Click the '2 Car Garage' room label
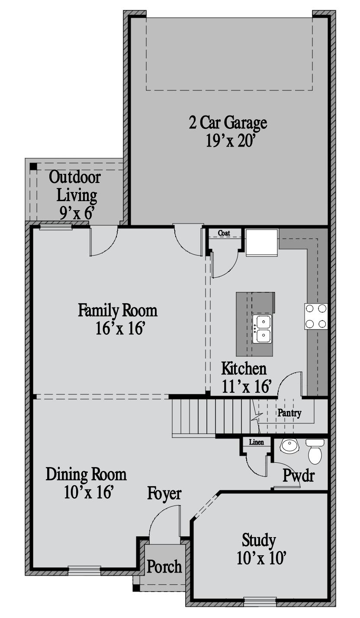click(228, 123)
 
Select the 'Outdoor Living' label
click(75, 186)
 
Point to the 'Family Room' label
click(118, 310)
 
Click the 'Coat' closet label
click(224, 233)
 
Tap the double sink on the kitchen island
click(262, 329)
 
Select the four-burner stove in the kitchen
click(316, 316)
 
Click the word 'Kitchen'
click(244, 368)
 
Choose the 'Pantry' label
click(289, 413)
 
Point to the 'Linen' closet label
click(257, 442)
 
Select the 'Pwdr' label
click(299, 475)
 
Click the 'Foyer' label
click(164, 493)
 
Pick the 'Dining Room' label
click(86, 474)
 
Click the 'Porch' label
click(164, 567)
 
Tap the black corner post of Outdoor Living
click(33, 167)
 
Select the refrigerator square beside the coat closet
click(262, 243)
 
